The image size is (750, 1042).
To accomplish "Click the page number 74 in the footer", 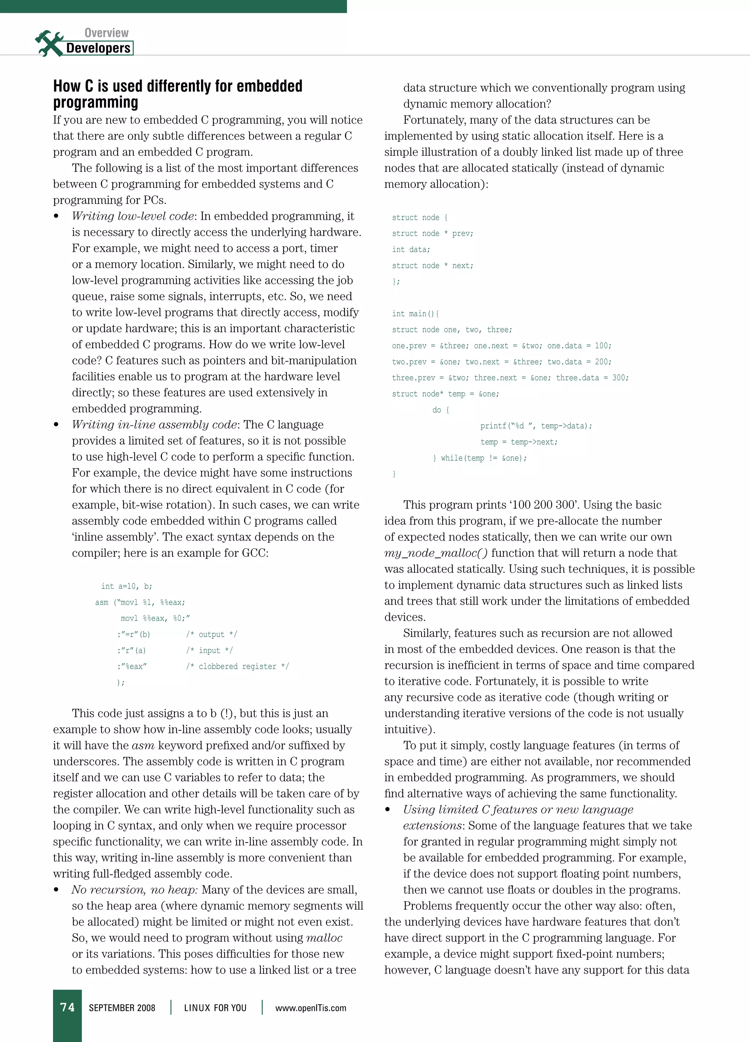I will (x=67, y=1007).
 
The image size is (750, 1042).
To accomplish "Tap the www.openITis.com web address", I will (x=311, y=1008).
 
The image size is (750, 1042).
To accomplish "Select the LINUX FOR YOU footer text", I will (x=215, y=1008).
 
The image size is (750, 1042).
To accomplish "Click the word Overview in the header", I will (x=106, y=33).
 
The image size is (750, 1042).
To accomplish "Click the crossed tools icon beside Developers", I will (x=49, y=44).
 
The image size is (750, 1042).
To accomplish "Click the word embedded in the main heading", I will (x=270, y=86).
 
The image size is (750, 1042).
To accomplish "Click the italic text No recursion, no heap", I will (x=134, y=890).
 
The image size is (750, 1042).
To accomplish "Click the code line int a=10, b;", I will (x=127, y=586).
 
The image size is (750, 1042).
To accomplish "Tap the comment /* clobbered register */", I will (x=237, y=666).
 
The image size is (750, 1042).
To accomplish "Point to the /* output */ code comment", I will (x=211, y=634).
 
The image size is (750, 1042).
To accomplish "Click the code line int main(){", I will (x=415, y=314).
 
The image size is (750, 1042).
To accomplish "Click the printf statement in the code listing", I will (x=536, y=426).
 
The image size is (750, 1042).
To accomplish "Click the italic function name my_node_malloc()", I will (x=436, y=553).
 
